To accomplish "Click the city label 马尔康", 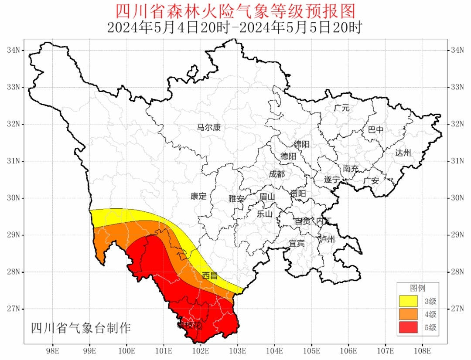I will tap(209, 128).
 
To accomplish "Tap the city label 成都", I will tap(276, 174).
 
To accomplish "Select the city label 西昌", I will tap(210, 275).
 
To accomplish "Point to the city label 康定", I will tap(198, 196).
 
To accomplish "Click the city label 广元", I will tap(341, 108).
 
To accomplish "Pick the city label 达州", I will tap(403, 153).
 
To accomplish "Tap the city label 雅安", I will tap(237, 198).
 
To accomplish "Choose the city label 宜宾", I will tap(297, 243).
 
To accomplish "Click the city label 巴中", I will tap(375, 130).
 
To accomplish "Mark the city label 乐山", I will tap(264, 214).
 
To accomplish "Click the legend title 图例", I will tap(417, 288).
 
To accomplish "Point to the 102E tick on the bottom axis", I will tap(201, 350).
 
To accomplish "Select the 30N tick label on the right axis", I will tap(457, 198).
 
